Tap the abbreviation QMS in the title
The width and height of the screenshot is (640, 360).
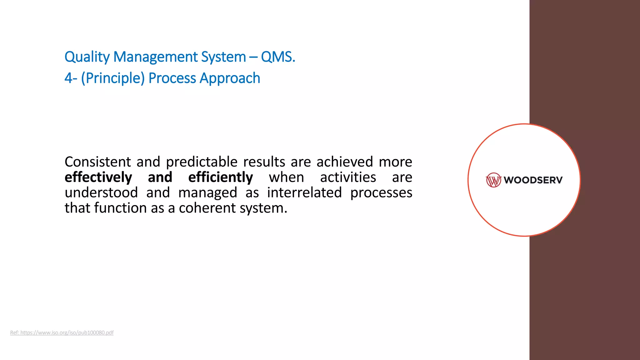pos(277,57)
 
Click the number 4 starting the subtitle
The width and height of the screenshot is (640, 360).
pos(68,78)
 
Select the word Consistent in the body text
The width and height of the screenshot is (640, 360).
pos(98,162)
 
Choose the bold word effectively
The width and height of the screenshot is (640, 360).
pos(98,177)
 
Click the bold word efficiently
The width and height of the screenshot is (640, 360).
pos(221,177)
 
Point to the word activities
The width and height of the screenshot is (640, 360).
pos(348,177)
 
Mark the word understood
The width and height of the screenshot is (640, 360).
pos(101,192)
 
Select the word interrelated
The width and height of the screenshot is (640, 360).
pos(304,192)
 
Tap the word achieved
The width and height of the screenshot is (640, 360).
pos(345,162)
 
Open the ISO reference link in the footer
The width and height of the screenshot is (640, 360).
pos(62,332)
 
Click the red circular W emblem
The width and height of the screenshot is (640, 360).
pos(493,180)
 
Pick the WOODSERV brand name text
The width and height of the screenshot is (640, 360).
pos(533,180)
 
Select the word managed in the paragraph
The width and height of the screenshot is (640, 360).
pos(207,192)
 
